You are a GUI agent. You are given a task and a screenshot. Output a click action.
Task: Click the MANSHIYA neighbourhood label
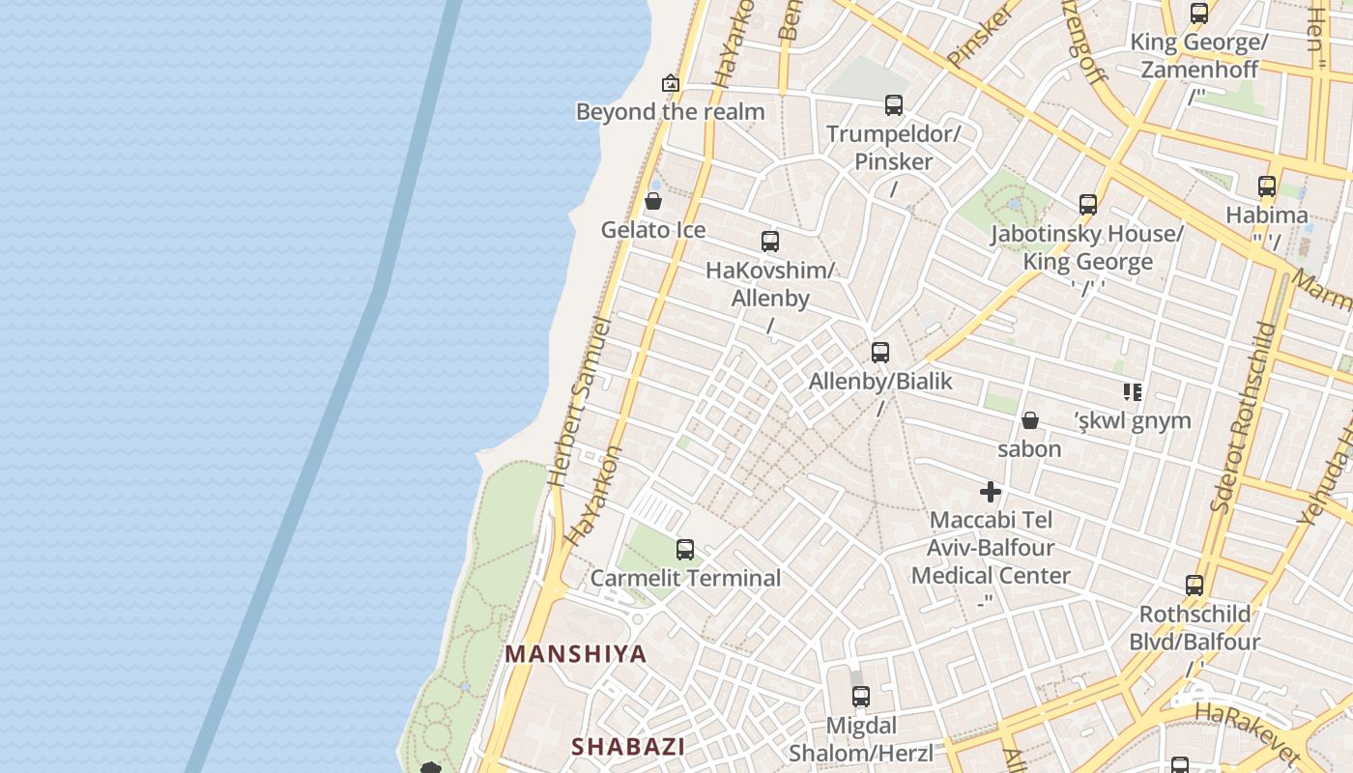575,654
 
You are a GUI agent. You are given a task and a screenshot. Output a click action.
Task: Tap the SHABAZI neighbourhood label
628,747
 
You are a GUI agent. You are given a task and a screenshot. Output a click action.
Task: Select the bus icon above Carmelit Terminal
685,550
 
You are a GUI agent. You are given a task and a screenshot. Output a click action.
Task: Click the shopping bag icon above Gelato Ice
653,201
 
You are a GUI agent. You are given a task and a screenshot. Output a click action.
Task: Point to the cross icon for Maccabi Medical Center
991,492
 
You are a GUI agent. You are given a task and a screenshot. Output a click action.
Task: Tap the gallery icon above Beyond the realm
670,83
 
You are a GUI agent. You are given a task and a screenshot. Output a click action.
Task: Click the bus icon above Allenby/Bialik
879,353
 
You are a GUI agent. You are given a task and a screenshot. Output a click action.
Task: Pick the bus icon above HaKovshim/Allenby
769,242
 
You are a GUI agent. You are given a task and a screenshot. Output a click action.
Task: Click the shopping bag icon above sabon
1030,420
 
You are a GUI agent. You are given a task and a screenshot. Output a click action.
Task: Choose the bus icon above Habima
1267,186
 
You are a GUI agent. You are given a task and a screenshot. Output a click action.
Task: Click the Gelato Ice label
653,230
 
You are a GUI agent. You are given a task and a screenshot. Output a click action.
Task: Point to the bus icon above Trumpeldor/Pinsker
893,104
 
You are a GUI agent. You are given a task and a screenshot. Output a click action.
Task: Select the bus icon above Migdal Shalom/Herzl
860,696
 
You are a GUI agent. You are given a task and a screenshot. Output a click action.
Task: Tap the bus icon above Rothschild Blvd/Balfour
1195,586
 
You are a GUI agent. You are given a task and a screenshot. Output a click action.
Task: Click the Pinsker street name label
981,38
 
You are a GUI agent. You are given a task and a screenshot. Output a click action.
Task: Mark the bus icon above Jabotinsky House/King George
1088,205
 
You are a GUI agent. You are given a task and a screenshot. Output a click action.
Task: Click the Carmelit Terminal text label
685,578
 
